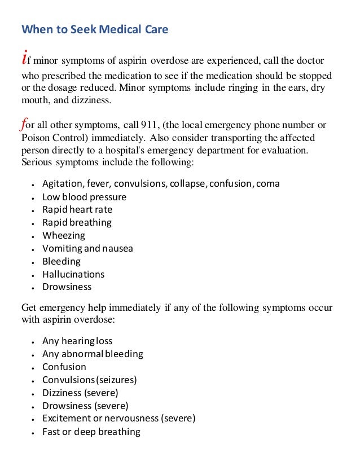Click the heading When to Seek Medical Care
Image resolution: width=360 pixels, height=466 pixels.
pos(95,29)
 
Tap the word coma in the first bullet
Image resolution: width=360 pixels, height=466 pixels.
pos(268,184)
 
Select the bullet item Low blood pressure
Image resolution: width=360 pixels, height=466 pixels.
pos(84,197)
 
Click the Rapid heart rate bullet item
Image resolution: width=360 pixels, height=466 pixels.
pos(77,210)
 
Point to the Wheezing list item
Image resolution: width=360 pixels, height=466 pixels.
pos(64,235)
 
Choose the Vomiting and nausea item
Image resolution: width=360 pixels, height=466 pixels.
pos(87,248)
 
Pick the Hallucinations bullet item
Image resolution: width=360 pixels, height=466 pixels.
pos(73,274)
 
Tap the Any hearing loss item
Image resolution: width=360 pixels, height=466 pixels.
pos(77,341)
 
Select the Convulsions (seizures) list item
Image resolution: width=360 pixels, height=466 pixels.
pos(90,380)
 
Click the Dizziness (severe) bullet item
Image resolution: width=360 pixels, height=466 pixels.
pos(80,393)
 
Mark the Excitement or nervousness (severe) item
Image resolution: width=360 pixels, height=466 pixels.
pos(118,419)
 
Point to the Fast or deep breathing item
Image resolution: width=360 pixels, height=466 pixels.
pos(91,432)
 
